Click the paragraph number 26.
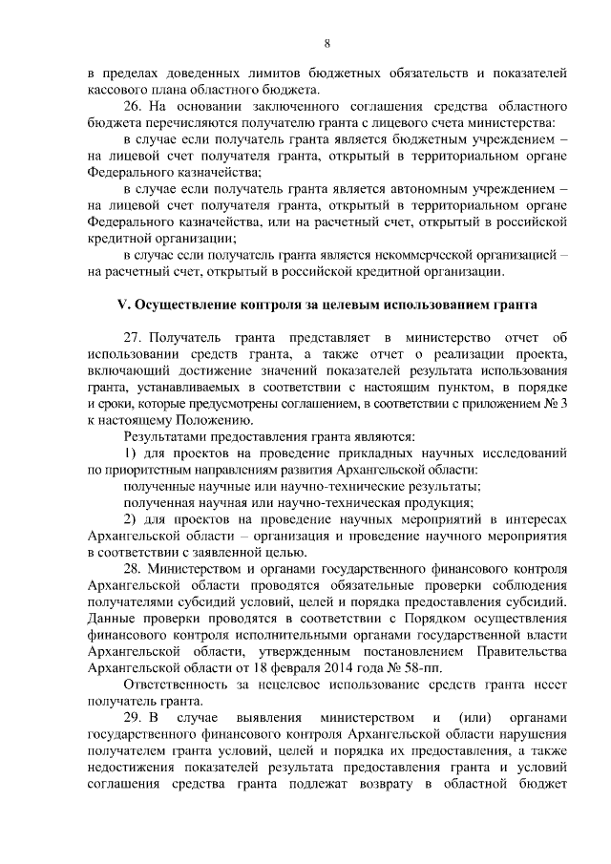(x=135, y=106)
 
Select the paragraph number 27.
(x=135, y=338)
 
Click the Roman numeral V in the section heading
(x=120, y=305)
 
